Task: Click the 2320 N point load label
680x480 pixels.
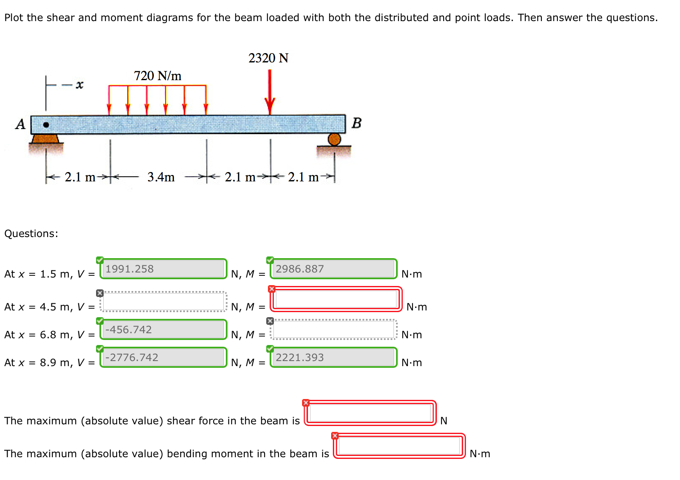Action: tap(268, 58)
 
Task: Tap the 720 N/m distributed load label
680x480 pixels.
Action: tap(158, 76)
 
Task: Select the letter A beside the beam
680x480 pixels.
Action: tap(20, 124)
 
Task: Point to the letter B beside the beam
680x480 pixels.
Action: tap(356, 123)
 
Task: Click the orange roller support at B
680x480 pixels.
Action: tap(334, 139)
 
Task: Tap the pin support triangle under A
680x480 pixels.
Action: tap(45, 139)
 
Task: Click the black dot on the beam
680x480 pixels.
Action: tap(46, 125)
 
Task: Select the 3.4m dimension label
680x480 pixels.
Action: tap(161, 177)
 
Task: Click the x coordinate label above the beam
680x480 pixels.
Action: tap(79, 85)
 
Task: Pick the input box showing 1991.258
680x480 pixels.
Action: tap(163, 269)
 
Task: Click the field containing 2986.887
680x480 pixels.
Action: tap(334, 269)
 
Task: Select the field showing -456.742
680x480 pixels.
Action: tap(163, 329)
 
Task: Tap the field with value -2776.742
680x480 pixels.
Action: tap(163, 357)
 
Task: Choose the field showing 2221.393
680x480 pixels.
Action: tap(334, 357)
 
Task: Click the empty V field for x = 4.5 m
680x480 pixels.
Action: tap(163, 302)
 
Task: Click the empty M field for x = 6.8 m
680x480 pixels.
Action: tap(334, 329)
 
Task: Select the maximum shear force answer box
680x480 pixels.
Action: tap(370, 413)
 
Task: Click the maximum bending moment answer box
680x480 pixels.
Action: tap(399, 446)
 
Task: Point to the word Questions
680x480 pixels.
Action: tap(31, 234)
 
